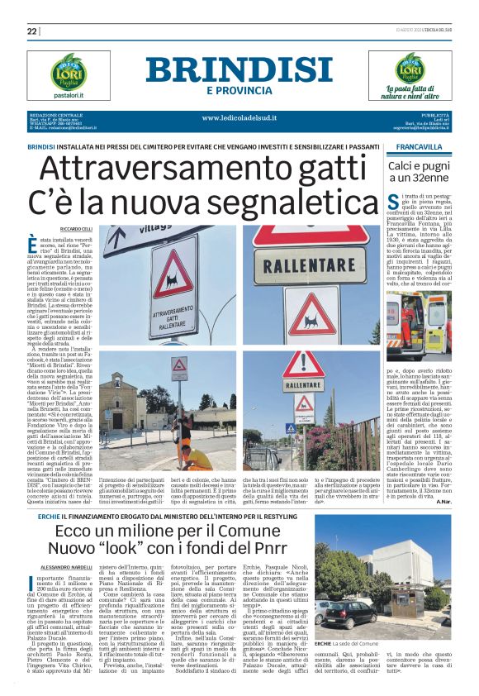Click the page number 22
[x=31, y=31]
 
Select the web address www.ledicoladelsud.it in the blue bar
[x=239, y=117]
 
